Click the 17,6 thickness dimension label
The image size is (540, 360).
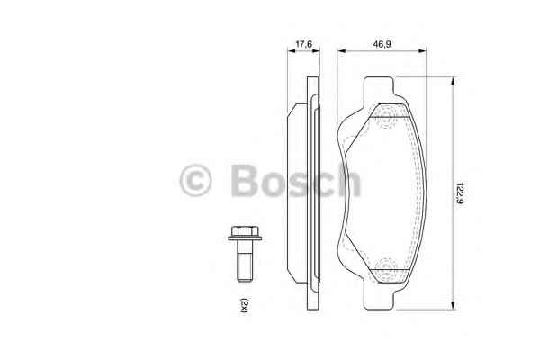click(304, 44)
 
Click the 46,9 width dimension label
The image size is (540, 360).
click(382, 44)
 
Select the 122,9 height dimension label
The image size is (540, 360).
click(459, 193)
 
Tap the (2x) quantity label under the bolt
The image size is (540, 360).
click(244, 305)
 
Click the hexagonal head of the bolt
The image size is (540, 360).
click(245, 230)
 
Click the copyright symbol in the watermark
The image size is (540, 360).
click(195, 181)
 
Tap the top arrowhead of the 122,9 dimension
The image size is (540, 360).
click(453, 81)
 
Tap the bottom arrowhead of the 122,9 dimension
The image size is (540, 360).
click(453, 305)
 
